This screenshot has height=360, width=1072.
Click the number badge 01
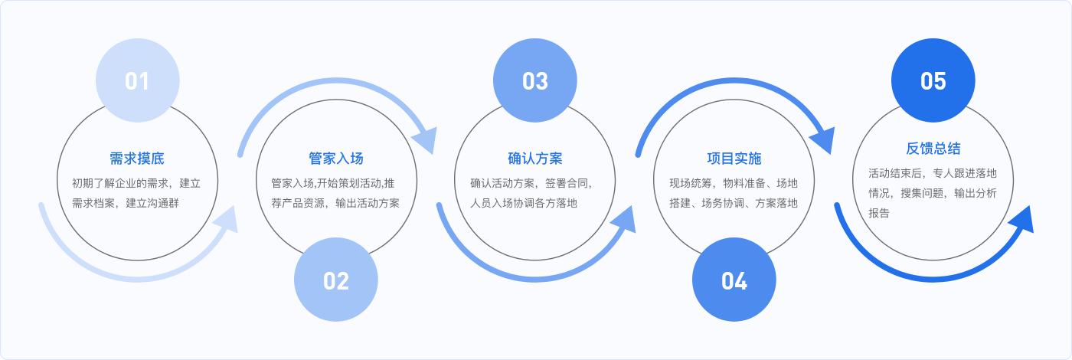coord(138,80)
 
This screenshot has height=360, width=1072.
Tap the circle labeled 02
coord(336,280)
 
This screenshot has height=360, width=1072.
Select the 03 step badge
coord(535,80)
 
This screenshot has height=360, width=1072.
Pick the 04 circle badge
coord(734,280)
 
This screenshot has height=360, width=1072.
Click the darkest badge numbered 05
coord(933,80)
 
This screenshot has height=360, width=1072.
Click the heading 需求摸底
coord(137,159)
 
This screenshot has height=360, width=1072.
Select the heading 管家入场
coord(336,159)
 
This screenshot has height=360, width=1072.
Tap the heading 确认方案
coord(535,159)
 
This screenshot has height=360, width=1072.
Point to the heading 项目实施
coord(734,159)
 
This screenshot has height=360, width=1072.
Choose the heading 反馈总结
coord(933,149)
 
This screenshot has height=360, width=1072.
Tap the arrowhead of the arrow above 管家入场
coord(426,139)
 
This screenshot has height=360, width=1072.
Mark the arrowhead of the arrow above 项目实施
coord(824,139)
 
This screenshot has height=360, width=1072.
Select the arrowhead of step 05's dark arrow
coord(1022,221)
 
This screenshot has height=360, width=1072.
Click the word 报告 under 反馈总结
coord(879,214)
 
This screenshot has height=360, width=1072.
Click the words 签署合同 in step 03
coord(567,183)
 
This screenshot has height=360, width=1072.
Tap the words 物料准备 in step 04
coord(744,183)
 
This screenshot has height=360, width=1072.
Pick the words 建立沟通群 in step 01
coord(152,204)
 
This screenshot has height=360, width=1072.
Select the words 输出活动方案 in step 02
coord(368,204)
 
